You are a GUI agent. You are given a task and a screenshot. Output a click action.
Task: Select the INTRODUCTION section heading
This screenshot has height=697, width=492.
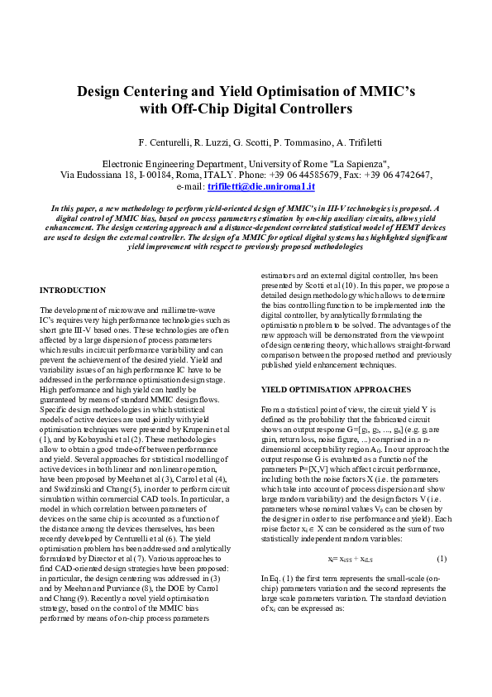click(73, 291)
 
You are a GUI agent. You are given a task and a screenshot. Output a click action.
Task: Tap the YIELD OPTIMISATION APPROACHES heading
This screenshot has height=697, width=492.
click(320, 389)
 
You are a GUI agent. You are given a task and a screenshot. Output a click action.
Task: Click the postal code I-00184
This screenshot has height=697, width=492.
click(166, 175)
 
